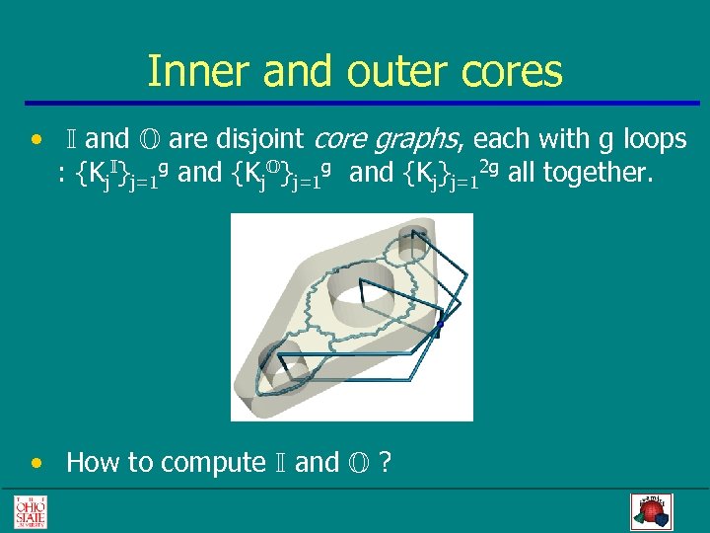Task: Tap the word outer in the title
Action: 382,72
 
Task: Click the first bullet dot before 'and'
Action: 36,140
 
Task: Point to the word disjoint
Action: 260,140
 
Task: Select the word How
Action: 94,463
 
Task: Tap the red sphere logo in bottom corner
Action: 650,510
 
